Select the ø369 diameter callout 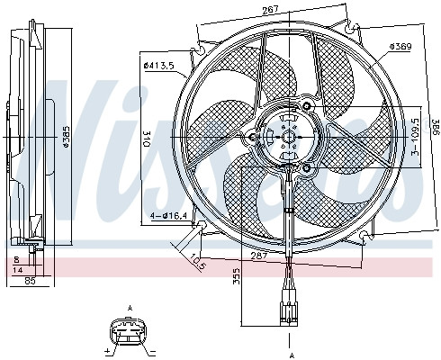coord(401,47)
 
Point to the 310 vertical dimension coord(147,137)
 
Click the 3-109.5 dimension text coord(415,138)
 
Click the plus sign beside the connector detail coord(107,349)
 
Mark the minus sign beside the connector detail coord(153,349)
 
